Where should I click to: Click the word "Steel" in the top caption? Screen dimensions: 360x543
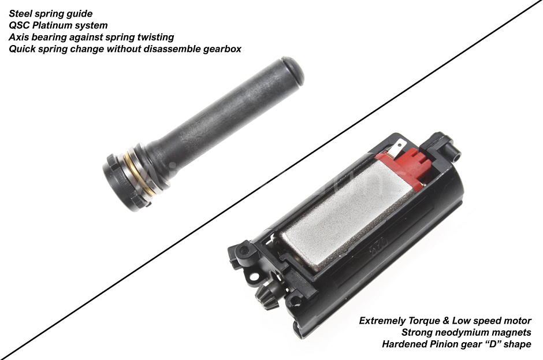(22, 14)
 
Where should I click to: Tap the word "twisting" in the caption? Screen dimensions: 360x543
(155, 37)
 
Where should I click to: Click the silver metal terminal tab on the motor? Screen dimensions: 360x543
(396, 148)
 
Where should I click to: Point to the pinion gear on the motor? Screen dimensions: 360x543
(266, 298)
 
